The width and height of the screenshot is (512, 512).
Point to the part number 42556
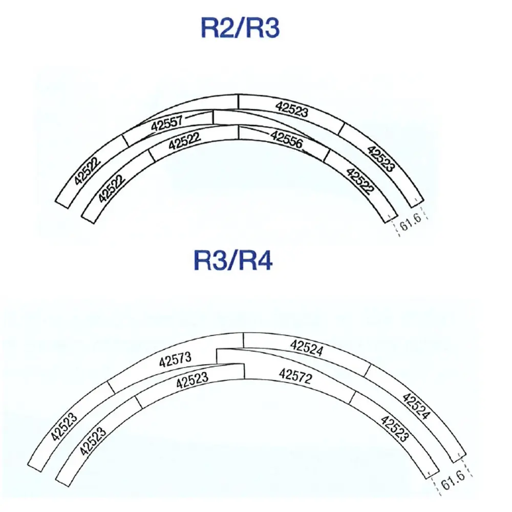(x=287, y=140)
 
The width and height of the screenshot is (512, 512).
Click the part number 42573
(x=175, y=360)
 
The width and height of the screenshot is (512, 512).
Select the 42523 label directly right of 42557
(x=291, y=109)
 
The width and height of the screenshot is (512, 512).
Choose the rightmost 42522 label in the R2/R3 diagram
(x=360, y=180)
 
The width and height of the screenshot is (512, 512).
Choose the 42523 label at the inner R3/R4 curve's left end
(x=93, y=442)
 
